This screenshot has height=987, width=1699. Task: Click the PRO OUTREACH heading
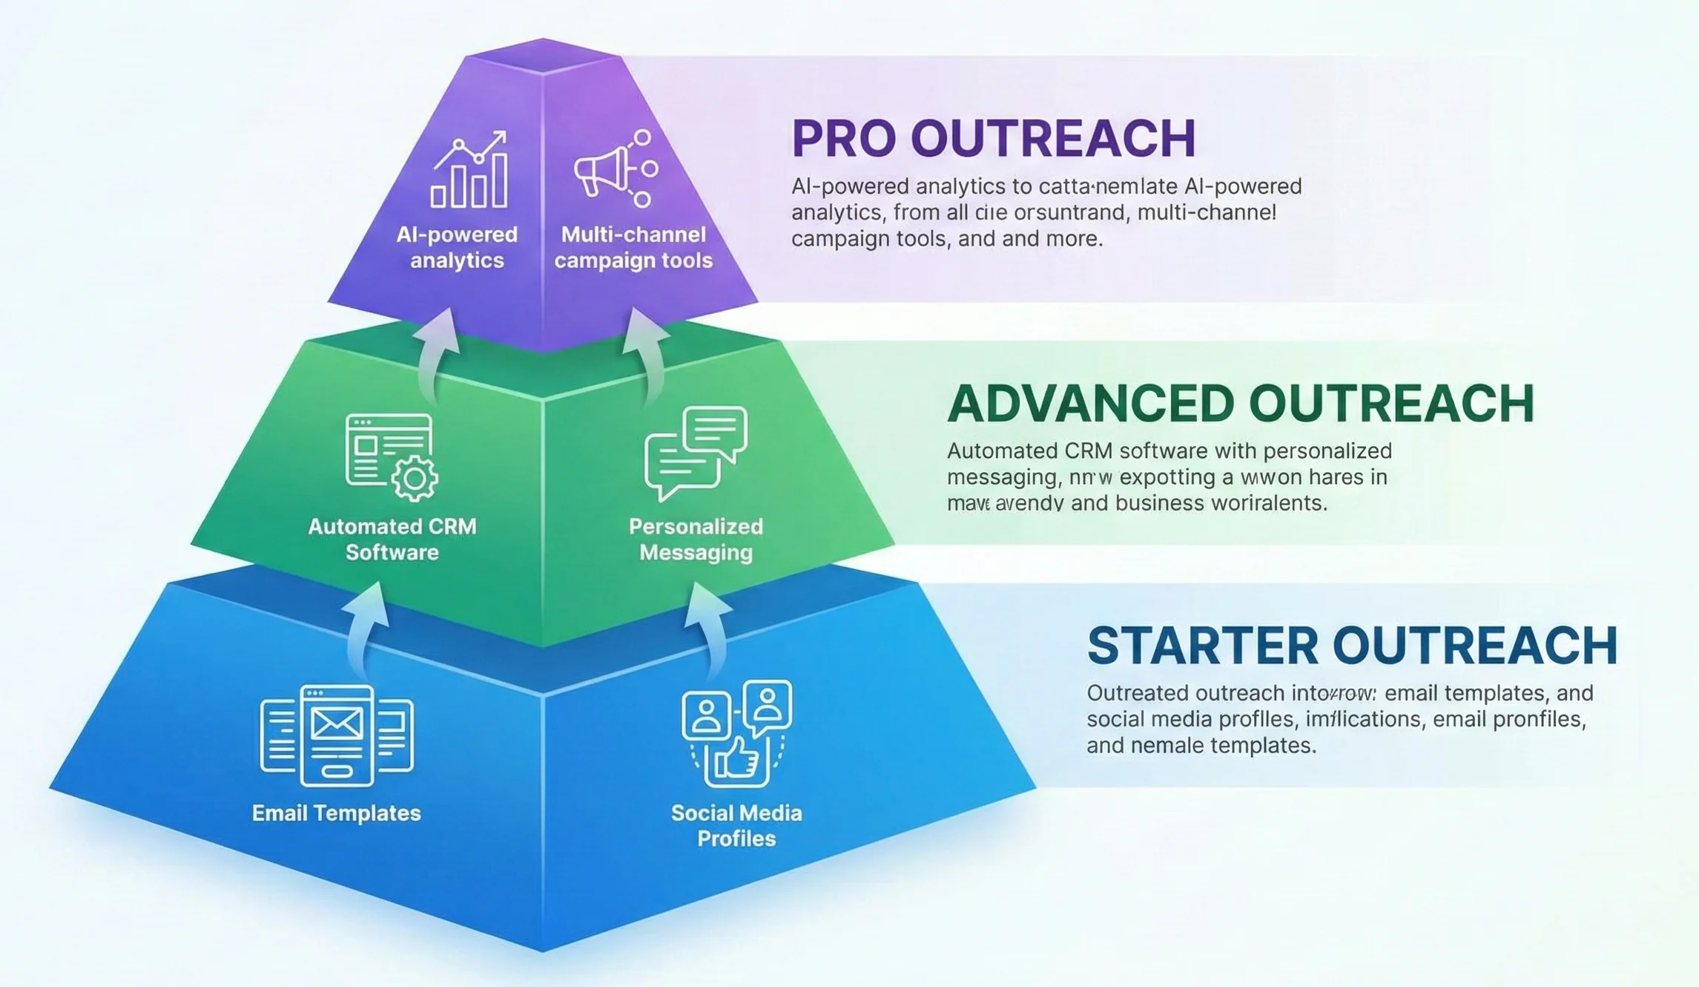click(993, 139)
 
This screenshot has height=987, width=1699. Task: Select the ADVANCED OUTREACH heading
click(1240, 404)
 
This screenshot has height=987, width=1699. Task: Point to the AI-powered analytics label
click(457, 247)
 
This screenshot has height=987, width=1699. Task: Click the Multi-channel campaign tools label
click(633, 247)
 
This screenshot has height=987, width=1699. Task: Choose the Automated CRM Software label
click(392, 539)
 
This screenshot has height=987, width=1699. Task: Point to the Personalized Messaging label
click(696, 539)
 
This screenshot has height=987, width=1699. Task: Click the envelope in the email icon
click(337, 724)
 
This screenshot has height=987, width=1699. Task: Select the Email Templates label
click(336, 813)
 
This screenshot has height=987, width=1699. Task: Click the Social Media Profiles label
click(736, 825)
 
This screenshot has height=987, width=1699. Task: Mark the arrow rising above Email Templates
click(366, 627)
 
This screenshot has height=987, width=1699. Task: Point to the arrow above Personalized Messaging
click(647, 352)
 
